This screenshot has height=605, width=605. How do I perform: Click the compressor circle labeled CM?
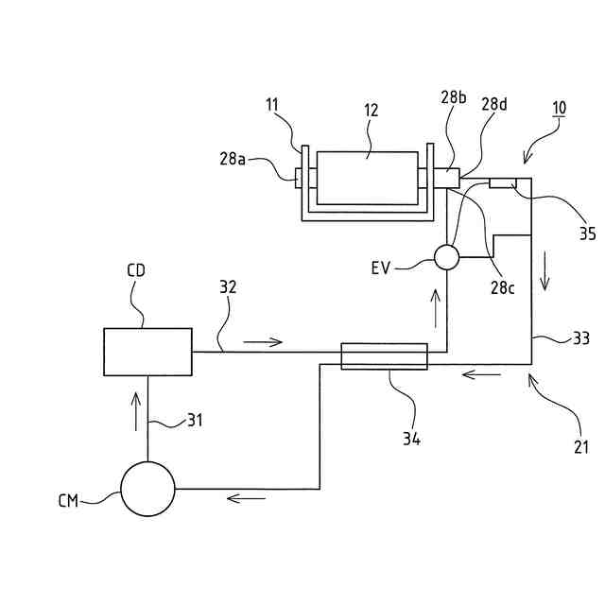tap(147, 489)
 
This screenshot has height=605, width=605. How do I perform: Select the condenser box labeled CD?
tap(147, 352)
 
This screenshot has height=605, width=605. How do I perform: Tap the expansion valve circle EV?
tap(446, 256)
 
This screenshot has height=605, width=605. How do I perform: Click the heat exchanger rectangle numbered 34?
tap(384, 356)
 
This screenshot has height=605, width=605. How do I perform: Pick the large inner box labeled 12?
tap(367, 177)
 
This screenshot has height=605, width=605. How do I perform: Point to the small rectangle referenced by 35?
tap(501, 181)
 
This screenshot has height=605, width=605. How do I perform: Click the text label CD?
tap(136, 270)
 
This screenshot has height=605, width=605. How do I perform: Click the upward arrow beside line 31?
tap(136, 409)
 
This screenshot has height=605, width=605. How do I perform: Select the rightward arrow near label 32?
tap(262, 340)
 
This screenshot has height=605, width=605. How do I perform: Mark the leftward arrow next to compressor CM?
tap(247, 498)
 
